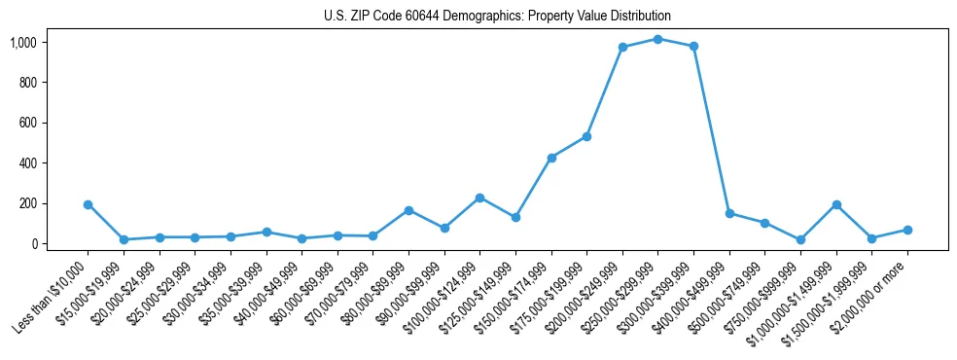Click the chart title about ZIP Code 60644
click(x=497, y=17)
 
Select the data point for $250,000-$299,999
click(x=657, y=39)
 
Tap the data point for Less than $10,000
click(x=88, y=204)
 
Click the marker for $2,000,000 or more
click(x=906, y=230)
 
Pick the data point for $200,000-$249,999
click(x=622, y=47)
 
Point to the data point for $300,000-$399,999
click(x=693, y=46)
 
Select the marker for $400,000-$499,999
click(x=729, y=213)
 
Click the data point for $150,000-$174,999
click(x=551, y=158)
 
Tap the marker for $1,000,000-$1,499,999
click(x=835, y=204)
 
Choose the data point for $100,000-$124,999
click(x=479, y=198)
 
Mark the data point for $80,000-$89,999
click(x=408, y=210)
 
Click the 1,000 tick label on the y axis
click(x=23, y=43)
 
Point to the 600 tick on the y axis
click(x=27, y=124)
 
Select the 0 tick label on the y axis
click(x=33, y=244)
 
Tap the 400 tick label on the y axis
click(x=27, y=163)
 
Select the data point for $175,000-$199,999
click(x=586, y=136)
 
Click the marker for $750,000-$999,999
click(x=799, y=239)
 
